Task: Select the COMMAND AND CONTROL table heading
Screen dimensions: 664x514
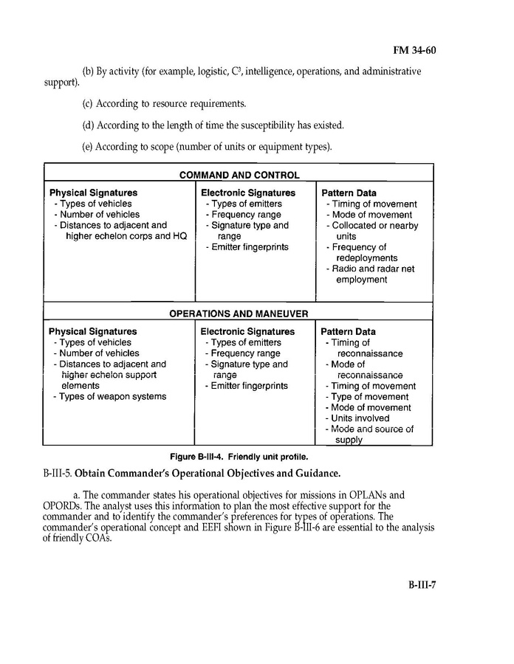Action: pyautogui.click(x=239, y=176)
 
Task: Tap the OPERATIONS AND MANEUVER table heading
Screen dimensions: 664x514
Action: pyautogui.click(x=239, y=314)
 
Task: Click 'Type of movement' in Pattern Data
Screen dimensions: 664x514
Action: pyautogui.click(x=369, y=397)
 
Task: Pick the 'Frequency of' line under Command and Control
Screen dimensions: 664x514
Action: pyautogui.click(x=359, y=248)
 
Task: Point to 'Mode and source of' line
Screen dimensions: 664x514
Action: pyautogui.click(x=371, y=429)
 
